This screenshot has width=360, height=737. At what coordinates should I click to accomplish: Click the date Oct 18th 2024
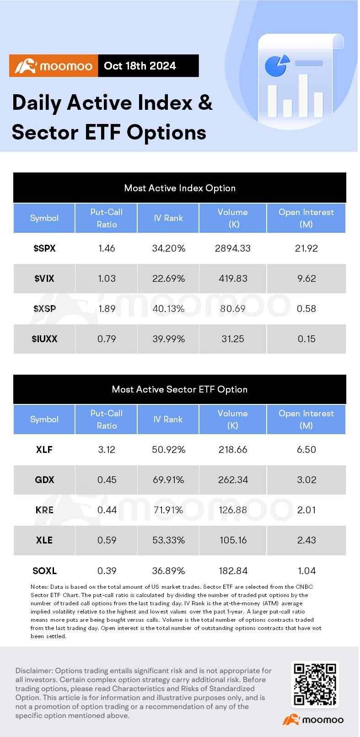[140, 66]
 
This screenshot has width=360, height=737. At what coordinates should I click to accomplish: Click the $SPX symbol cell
[44, 248]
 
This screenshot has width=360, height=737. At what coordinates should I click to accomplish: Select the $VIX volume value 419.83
[233, 279]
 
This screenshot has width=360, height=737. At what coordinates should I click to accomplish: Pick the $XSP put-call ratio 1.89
[107, 309]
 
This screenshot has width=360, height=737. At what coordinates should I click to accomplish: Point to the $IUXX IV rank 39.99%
[168, 339]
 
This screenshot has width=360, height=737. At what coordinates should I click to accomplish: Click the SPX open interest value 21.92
[306, 248]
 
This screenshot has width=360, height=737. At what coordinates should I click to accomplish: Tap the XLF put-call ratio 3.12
[107, 450]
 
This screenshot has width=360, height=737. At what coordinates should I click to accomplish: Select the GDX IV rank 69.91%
[168, 480]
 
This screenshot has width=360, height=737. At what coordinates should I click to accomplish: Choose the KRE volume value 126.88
[233, 510]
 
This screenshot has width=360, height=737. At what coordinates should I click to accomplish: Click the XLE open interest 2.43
[306, 540]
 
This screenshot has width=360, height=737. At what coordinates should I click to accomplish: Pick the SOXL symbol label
[44, 571]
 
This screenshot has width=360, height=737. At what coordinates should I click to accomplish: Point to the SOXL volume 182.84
[233, 571]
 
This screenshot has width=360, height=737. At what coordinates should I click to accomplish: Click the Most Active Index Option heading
[180, 188]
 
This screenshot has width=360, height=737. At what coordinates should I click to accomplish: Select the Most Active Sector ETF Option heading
[180, 389]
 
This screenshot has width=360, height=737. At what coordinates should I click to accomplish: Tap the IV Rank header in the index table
[168, 218]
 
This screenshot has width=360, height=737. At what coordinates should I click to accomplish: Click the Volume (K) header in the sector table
[233, 419]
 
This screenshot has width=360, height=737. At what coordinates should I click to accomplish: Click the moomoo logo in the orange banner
[54, 66]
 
